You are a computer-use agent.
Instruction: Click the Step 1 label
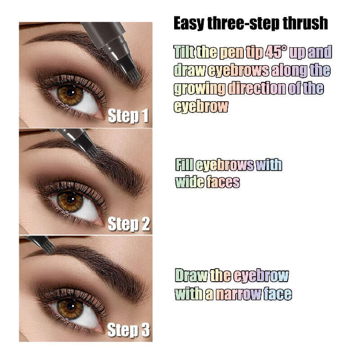pos(128,116)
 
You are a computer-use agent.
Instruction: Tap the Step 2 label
pos(129,224)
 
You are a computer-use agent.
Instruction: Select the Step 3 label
pos(129,331)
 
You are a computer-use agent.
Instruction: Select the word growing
pos(200,88)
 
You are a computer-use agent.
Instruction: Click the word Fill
pos(184,165)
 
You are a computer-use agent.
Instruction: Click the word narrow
pos(238,294)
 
